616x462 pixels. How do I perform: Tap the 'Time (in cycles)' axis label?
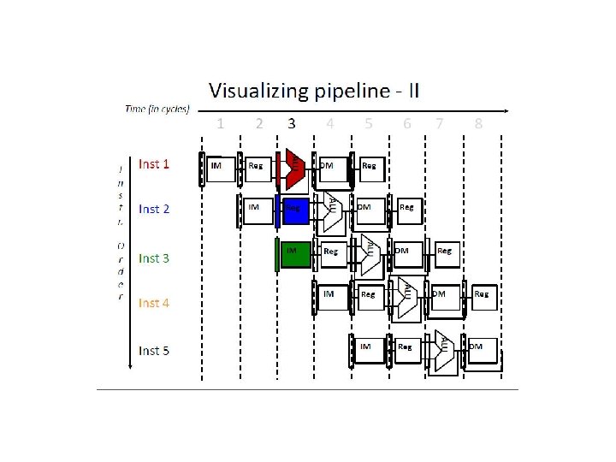tap(157, 109)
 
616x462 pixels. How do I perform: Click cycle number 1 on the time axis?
tap(221, 123)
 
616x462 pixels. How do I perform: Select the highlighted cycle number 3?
tap(292, 123)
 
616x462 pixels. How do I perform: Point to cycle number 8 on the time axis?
tap(478, 123)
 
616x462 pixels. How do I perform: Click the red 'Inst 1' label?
tap(154, 163)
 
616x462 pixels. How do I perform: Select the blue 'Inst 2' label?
tap(154, 209)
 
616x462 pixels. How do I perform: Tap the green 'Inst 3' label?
tap(154, 258)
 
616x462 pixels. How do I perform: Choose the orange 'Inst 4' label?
tap(154, 303)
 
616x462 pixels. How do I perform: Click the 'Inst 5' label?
tap(154, 351)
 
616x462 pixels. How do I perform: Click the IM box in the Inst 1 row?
tap(221, 169)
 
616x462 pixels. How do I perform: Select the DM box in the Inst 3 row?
tap(406, 255)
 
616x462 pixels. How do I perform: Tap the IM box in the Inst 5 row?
tap(370, 351)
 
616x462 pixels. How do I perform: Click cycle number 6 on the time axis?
tap(407, 123)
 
